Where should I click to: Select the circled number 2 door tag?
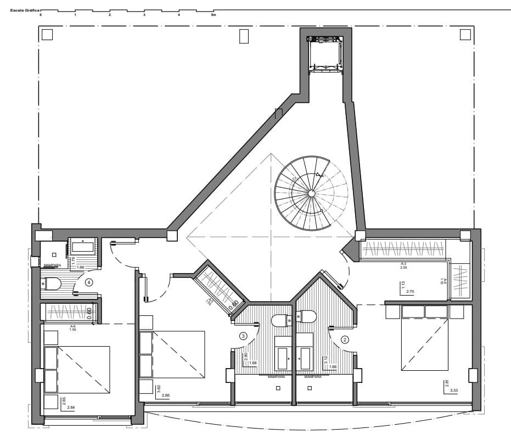pyautogui.click(x=345, y=339)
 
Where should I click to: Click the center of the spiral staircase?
pyautogui.click(x=311, y=193)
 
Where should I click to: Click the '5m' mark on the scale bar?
pyautogui.click(x=214, y=15)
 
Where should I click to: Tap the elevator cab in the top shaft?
pyautogui.click(x=325, y=53)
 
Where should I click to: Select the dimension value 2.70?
pyautogui.click(x=409, y=292)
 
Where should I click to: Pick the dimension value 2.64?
pyautogui.click(x=71, y=407)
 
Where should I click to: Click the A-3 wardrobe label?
pyautogui.click(x=403, y=264)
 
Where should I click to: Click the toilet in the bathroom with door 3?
pyautogui.click(x=280, y=320)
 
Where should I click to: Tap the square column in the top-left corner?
pyautogui.click(x=47, y=35)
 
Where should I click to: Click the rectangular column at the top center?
pyautogui.click(x=244, y=36)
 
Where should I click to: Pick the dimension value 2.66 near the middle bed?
pyautogui.click(x=166, y=396)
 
